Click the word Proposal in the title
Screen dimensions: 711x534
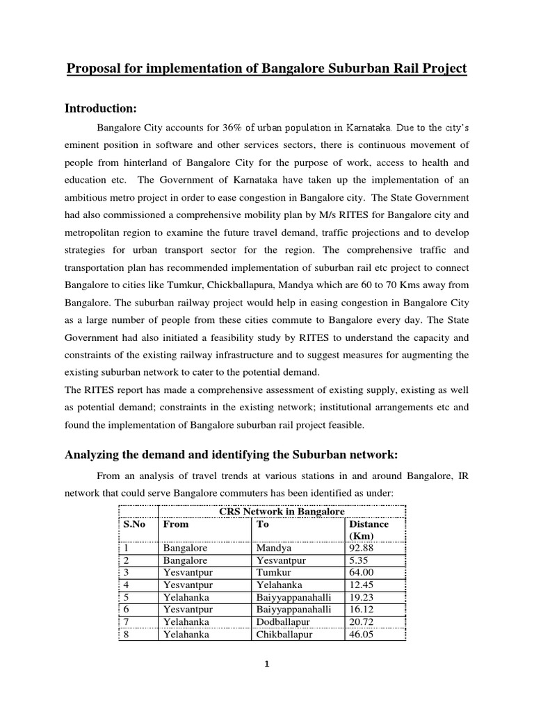[93, 69]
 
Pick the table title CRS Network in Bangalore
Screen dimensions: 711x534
[281, 511]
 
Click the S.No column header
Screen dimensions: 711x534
[134, 524]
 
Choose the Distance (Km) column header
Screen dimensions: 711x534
[368, 530]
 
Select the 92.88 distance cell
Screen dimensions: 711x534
[364, 548]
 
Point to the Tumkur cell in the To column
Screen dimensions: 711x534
[274, 572]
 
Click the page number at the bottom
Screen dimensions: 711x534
[266, 664]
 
